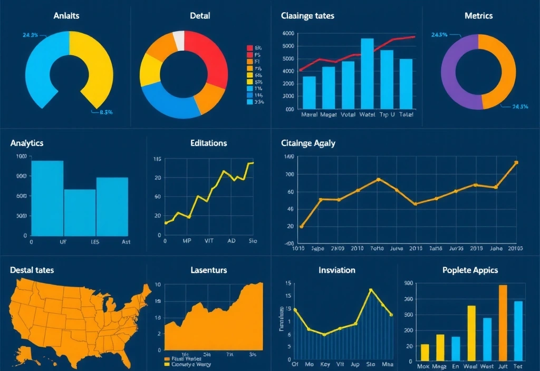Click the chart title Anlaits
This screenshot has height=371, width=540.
tap(66, 16)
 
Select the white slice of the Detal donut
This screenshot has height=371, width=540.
tap(179, 41)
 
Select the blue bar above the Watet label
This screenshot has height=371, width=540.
tap(367, 74)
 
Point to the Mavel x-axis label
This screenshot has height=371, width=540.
tap(309, 114)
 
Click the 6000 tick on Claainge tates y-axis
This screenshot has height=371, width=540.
tap(288, 33)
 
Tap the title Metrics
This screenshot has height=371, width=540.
tap(478, 16)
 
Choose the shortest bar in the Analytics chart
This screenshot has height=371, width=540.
tap(80, 212)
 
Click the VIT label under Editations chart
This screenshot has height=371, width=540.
tap(209, 241)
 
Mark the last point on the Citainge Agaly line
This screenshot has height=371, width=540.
tap(516, 163)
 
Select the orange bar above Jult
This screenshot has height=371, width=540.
tap(503, 322)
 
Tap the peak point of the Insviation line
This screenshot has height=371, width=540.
tap(371, 290)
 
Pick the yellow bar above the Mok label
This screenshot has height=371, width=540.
tap(425, 352)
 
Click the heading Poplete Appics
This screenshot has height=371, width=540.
tap(470, 270)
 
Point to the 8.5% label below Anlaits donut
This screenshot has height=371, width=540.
tap(106, 112)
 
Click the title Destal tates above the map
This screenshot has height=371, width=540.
tap(32, 270)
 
